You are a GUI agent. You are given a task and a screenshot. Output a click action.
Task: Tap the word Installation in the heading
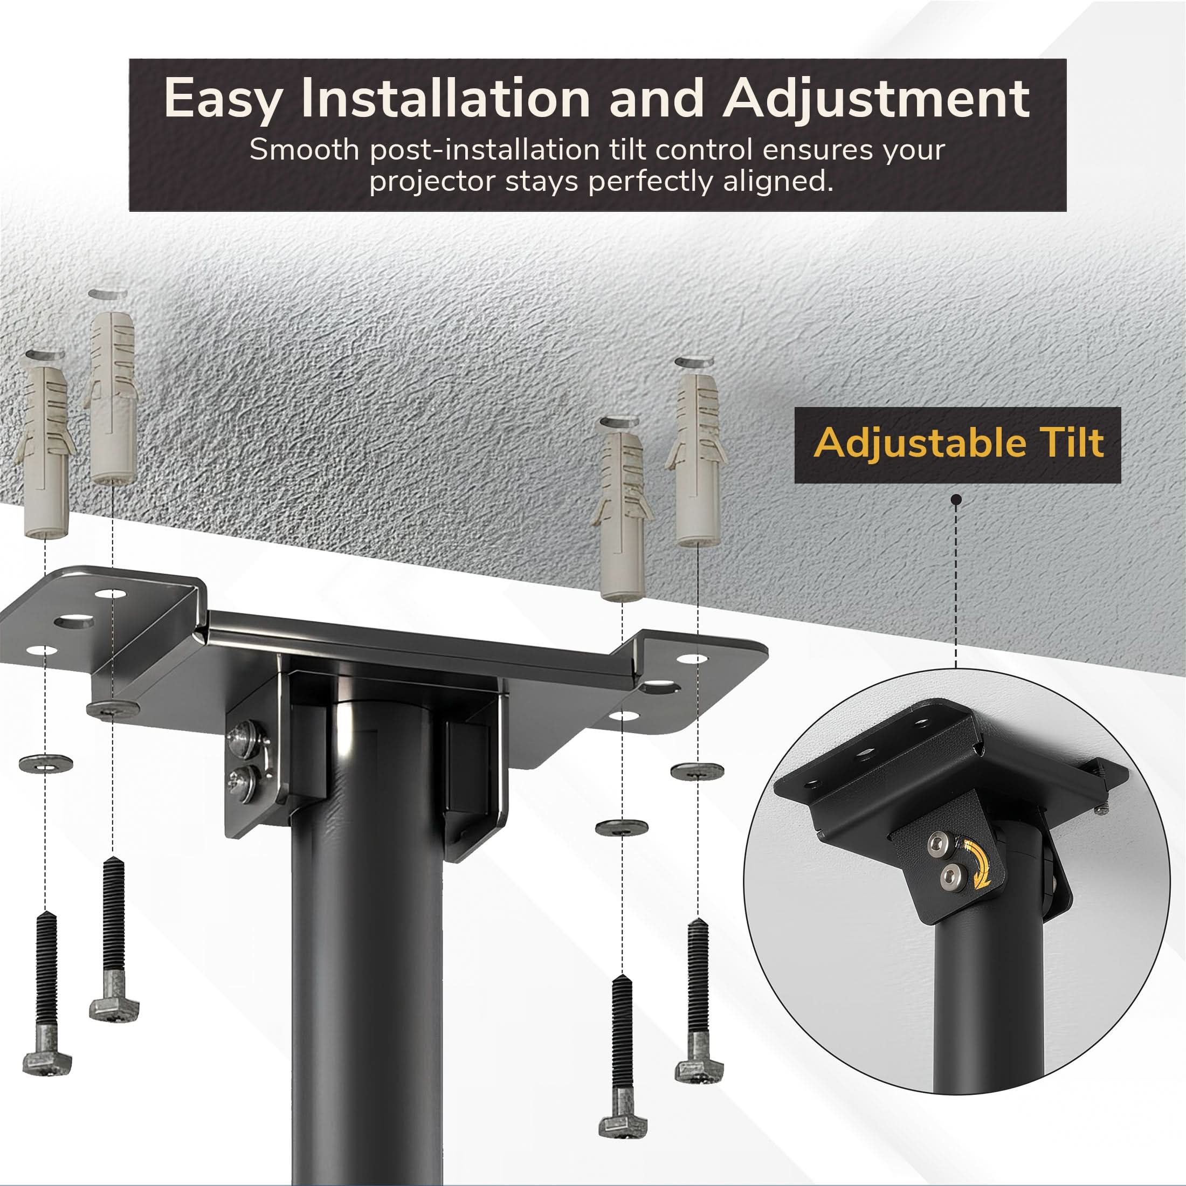coord(445,98)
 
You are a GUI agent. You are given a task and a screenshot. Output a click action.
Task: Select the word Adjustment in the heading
coord(877,99)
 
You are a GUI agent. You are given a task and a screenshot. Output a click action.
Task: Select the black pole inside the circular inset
coord(989,995)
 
